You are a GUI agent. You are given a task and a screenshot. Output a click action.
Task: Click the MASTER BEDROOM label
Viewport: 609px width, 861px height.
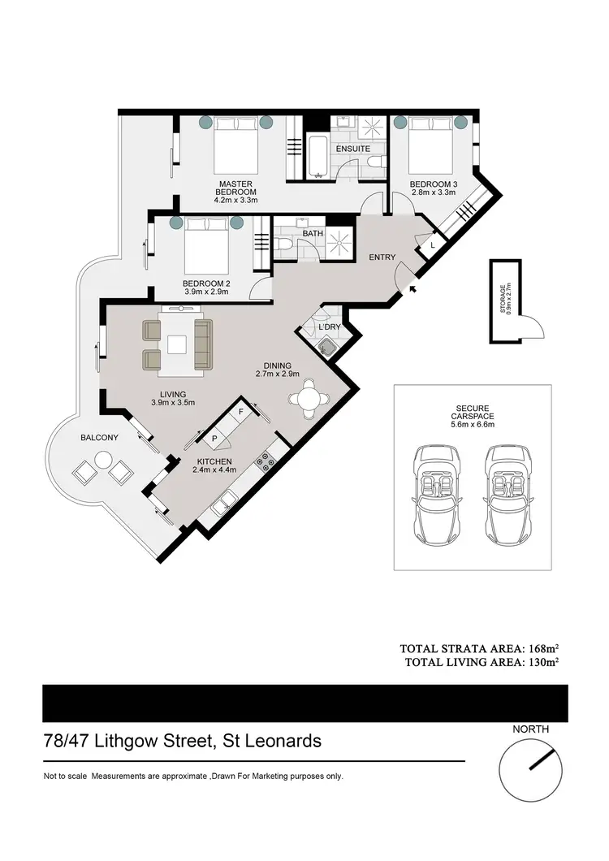(x=235, y=188)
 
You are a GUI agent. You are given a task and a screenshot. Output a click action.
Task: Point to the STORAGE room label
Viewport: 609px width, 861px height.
(x=503, y=299)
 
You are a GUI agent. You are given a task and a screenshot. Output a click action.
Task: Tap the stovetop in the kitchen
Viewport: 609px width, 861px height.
(x=266, y=462)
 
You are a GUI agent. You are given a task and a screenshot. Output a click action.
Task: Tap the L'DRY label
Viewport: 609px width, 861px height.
(x=329, y=327)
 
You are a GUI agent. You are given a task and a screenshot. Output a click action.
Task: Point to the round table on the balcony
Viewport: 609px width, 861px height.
(x=102, y=461)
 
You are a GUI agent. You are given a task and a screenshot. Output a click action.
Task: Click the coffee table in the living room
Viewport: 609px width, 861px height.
(x=177, y=344)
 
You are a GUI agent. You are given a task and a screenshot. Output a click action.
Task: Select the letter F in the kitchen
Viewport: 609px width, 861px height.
(x=240, y=413)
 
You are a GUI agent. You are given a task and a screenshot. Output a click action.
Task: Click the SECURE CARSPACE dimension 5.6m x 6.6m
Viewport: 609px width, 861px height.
(x=472, y=423)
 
